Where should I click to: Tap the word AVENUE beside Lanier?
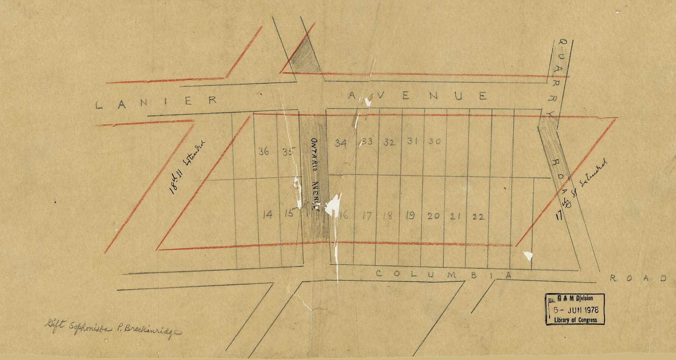(417, 96)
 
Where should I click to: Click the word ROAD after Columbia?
(637, 278)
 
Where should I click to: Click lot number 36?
(263, 152)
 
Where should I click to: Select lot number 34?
(341, 143)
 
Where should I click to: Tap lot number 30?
(434, 141)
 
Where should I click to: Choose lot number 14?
(267, 215)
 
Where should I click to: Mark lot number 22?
(478, 217)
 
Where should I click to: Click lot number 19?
(410, 216)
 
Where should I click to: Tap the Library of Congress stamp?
(575, 309)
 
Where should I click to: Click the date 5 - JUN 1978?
(576, 310)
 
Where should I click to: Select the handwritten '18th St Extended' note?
(187, 167)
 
